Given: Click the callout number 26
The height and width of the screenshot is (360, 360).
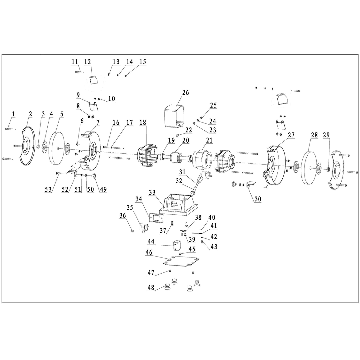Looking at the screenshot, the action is point(185,93).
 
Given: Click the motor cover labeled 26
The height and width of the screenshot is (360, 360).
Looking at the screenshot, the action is point(174,115).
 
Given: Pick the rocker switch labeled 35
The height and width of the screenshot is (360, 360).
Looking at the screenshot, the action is point(144,227).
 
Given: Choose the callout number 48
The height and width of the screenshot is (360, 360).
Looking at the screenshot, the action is point(151,287).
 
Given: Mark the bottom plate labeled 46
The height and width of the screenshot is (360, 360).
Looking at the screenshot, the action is point(181,262).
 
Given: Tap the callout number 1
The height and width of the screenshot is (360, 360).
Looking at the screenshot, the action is point(13,114).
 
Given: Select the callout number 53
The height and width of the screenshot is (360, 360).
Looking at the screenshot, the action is point(48,189).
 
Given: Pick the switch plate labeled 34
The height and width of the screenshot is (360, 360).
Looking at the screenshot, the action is point(156,218).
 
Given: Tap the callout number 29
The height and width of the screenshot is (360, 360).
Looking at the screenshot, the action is point(326,135).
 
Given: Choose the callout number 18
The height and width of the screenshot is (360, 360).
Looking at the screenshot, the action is point(142,122).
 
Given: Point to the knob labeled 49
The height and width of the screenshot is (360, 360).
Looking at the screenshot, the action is point(94,176).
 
